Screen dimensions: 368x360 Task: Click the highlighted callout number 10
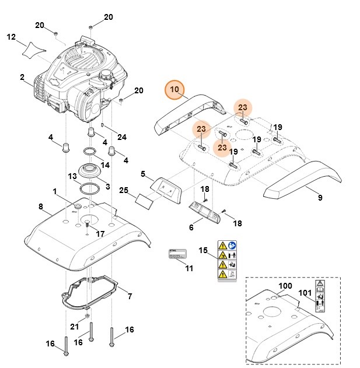174,90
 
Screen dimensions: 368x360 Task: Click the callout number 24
121,137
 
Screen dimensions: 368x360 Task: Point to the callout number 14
105,165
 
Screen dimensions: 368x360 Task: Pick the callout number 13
72,176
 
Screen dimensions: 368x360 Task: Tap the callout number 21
74,326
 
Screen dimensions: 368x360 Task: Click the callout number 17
100,234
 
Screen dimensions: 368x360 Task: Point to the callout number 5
143,174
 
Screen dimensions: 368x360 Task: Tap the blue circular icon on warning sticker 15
233,245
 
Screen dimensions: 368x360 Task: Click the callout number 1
54,191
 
